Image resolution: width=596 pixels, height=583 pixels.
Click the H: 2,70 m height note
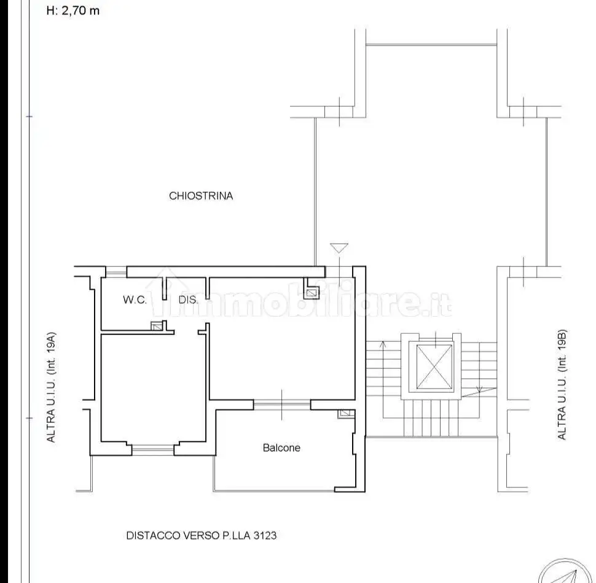click(73, 10)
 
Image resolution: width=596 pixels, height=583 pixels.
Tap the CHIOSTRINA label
click(201, 196)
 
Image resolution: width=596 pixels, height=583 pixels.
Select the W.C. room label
click(135, 299)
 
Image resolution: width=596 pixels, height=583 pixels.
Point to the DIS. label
click(188, 300)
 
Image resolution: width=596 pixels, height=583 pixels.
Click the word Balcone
click(281, 448)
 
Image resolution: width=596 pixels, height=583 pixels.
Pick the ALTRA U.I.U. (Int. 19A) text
click(52, 387)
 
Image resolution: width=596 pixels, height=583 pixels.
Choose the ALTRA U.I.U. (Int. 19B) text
click(562, 385)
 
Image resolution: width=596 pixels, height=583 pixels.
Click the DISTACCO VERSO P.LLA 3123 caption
click(201, 536)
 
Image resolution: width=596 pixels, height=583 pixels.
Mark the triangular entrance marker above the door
click(339, 248)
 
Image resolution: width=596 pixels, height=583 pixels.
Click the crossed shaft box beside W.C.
click(156, 326)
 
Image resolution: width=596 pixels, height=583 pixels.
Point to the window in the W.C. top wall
click(116, 271)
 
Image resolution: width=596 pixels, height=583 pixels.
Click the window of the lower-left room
click(153, 450)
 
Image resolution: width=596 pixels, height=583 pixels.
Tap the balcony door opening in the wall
click(281, 404)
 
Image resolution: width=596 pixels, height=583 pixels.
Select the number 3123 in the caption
click(265, 536)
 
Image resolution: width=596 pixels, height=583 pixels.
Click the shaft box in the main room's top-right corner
click(312, 293)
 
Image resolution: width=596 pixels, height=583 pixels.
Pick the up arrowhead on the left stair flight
click(383, 344)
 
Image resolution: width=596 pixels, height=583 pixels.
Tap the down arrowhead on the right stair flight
click(479, 388)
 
